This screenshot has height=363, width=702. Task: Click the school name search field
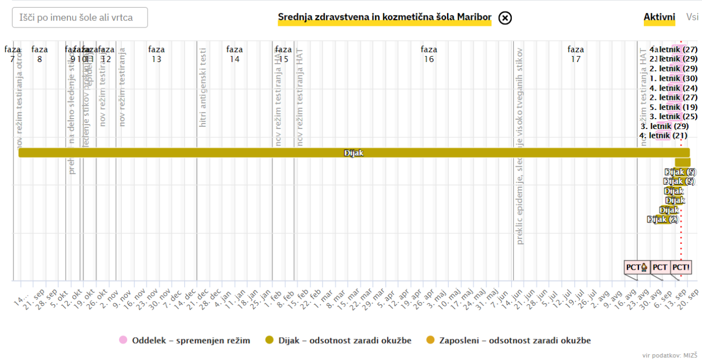pos(80,18)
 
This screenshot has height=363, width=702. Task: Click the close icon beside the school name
pos(505,18)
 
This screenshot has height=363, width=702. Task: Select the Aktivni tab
pos(659,18)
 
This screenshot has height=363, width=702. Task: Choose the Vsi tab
pos(692,18)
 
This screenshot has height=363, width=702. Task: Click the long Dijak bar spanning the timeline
pos(354,153)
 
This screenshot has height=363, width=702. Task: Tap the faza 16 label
pos(429,54)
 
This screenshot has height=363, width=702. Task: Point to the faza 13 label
pos(156,54)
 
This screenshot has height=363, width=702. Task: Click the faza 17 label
pos(575,54)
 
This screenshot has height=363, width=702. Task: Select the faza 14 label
pos(235,54)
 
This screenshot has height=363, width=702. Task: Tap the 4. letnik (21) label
pos(664,136)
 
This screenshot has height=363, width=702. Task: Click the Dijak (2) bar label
pos(663,220)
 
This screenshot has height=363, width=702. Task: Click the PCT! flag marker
pos(681,268)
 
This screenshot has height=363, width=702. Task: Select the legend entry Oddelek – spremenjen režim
pos(185,340)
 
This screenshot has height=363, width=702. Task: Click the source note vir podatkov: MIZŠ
pos(670,355)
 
